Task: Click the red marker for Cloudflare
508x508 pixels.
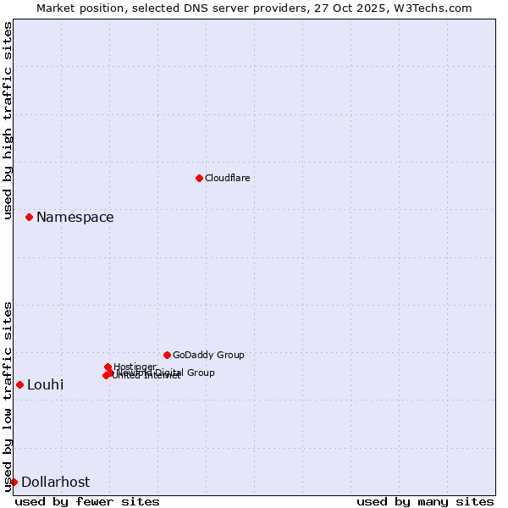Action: [199, 178]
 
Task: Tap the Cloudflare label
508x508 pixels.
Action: [227, 178]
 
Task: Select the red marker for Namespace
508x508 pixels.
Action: [29, 218]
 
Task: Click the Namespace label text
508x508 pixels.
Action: [75, 218]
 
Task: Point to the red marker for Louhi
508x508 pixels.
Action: [19, 384]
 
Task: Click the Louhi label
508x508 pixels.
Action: [45, 385]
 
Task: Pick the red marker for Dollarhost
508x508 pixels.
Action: [14, 482]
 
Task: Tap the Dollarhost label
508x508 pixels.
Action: [55, 483]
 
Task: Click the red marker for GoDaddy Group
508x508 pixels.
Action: [167, 355]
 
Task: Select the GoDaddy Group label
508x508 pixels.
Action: [208, 356]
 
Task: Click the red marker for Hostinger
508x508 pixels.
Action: [108, 367]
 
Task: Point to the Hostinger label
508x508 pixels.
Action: [135, 367]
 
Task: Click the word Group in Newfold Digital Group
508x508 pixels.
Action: [201, 373]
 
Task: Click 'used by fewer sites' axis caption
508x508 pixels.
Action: [87, 501]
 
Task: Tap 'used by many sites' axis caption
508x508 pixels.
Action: [425, 501]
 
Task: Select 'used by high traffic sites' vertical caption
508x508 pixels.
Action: [8, 120]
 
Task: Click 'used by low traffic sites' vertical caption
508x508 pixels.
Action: [8, 396]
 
